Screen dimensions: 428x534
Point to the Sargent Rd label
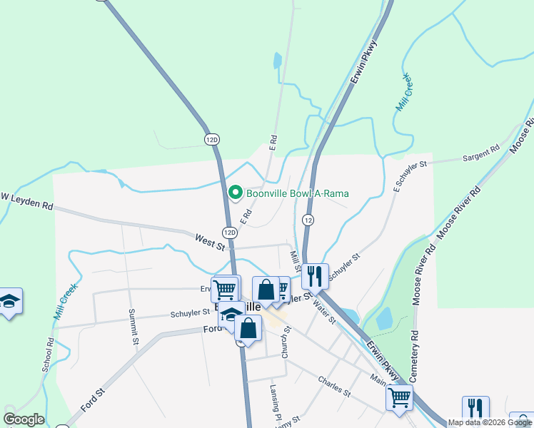point(481,154)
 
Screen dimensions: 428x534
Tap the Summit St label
point(133,327)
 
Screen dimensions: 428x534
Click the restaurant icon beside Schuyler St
point(314,274)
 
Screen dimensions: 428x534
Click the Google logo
point(24,419)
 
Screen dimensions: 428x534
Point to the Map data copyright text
point(490,422)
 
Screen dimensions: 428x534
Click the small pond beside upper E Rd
point(277,61)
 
